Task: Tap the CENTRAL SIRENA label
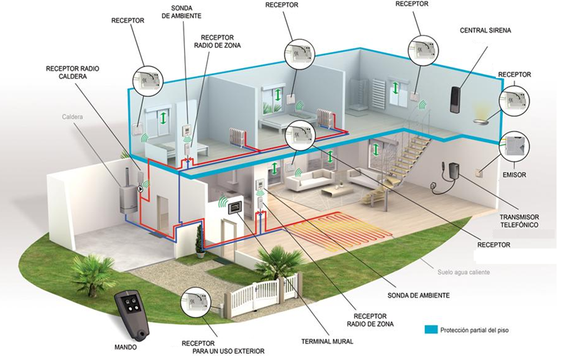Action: (485, 30)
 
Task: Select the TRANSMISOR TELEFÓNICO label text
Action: (519, 221)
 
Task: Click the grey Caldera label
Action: (72, 117)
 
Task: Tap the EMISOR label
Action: (514, 175)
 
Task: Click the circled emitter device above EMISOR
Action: (514, 146)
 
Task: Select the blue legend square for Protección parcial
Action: (431, 330)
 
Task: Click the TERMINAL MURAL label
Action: (327, 342)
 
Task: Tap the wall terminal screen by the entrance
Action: (236, 208)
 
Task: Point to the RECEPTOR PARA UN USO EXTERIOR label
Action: (223, 347)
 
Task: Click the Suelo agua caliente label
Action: (464, 272)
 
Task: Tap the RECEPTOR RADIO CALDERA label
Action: (73, 72)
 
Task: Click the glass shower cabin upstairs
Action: (359, 95)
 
